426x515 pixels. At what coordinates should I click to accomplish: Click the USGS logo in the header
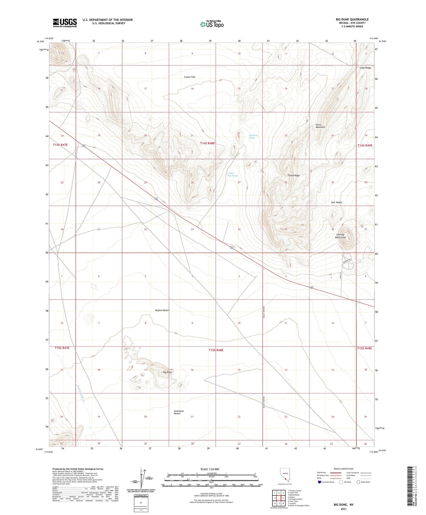pos(65,23)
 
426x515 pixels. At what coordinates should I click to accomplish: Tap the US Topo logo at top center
pos(212,24)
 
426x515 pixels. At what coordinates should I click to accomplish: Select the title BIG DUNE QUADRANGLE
pos(352,19)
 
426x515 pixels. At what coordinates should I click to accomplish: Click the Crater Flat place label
pos(189,77)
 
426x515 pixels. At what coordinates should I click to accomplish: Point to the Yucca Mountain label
pos(320,126)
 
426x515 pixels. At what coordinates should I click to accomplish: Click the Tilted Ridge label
pos(293,176)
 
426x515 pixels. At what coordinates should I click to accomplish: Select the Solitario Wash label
pos(253,136)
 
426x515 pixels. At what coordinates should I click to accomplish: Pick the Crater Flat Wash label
pos(232,174)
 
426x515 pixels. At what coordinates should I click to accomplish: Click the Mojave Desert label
pos(162,310)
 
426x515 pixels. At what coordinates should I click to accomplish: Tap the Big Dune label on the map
pos(167,372)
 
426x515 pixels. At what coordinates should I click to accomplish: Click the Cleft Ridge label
pos(365,68)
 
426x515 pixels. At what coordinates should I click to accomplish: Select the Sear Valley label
pos(336,202)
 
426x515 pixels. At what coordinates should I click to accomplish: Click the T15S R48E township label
pos(216,350)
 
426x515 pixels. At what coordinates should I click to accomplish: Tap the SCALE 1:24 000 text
pos(210,469)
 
